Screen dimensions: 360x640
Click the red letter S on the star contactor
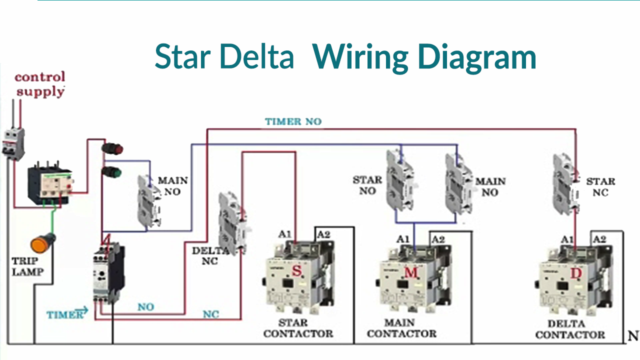click(x=296, y=271)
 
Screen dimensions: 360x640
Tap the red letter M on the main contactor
click(x=410, y=272)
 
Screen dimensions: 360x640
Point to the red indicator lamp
click(x=112, y=149)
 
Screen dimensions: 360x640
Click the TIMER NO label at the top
click(x=293, y=121)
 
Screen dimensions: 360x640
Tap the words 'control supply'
click(x=40, y=84)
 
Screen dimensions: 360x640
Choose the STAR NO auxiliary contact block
click(x=400, y=179)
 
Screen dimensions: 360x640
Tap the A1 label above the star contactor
click(x=284, y=234)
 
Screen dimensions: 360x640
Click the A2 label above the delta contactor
click(x=599, y=239)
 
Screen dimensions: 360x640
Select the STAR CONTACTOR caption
click(x=298, y=328)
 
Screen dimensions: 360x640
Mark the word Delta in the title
click(x=257, y=56)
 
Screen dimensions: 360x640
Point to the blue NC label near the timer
click(x=210, y=314)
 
